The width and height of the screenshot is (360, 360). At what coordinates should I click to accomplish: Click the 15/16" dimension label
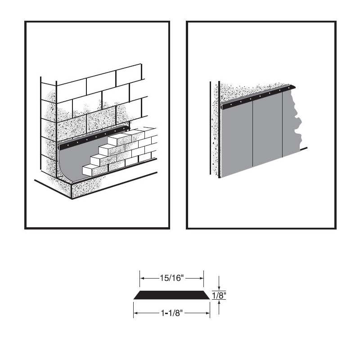click(172, 278)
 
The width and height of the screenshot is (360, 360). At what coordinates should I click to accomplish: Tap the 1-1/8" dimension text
click(172, 313)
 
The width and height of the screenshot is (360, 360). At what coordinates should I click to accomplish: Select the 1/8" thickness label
click(219, 295)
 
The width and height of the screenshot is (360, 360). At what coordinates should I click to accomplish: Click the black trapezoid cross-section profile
click(172, 295)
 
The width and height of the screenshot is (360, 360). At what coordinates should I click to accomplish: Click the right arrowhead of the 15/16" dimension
click(201, 278)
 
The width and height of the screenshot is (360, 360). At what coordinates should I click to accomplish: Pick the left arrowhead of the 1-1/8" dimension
click(136, 313)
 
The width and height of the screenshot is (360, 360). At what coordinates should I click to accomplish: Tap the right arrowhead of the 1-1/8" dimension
click(207, 313)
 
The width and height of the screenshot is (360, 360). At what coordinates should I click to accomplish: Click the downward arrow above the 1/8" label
click(219, 283)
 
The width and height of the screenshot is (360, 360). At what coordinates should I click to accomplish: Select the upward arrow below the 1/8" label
click(219, 307)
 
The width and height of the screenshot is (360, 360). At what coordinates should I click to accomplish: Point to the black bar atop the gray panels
click(258, 97)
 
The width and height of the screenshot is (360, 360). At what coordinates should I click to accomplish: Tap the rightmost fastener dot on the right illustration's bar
click(289, 88)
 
